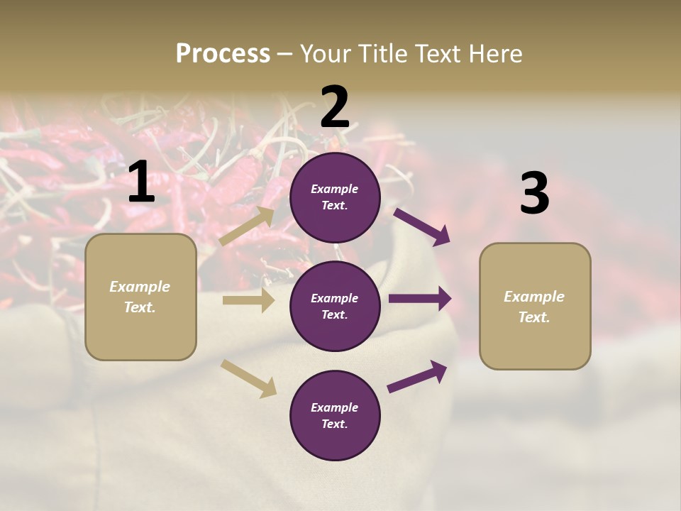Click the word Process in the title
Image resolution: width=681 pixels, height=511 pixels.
[x=223, y=54]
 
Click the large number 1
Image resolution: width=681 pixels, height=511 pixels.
[x=141, y=182]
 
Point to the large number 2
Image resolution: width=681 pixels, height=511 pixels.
[x=335, y=107]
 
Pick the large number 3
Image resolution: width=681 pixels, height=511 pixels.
[x=534, y=194]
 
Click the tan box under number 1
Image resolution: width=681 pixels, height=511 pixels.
[x=140, y=297]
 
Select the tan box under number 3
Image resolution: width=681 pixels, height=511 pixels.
[x=535, y=307]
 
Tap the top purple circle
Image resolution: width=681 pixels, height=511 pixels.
[x=335, y=197]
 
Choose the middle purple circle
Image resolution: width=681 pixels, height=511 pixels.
[x=335, y=306]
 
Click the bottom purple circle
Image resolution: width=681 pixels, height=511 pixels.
[x=335, y=415]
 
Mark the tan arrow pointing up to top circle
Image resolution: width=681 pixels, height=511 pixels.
[x=247, y=226]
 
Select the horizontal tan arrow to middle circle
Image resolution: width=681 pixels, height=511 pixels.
[x=248, y=300]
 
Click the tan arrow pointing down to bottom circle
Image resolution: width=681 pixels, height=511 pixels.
[x=248, y=378]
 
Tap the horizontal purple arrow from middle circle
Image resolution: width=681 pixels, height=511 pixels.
[x=420, y=299]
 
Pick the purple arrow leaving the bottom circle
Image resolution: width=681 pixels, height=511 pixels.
[x=417, y=376]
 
